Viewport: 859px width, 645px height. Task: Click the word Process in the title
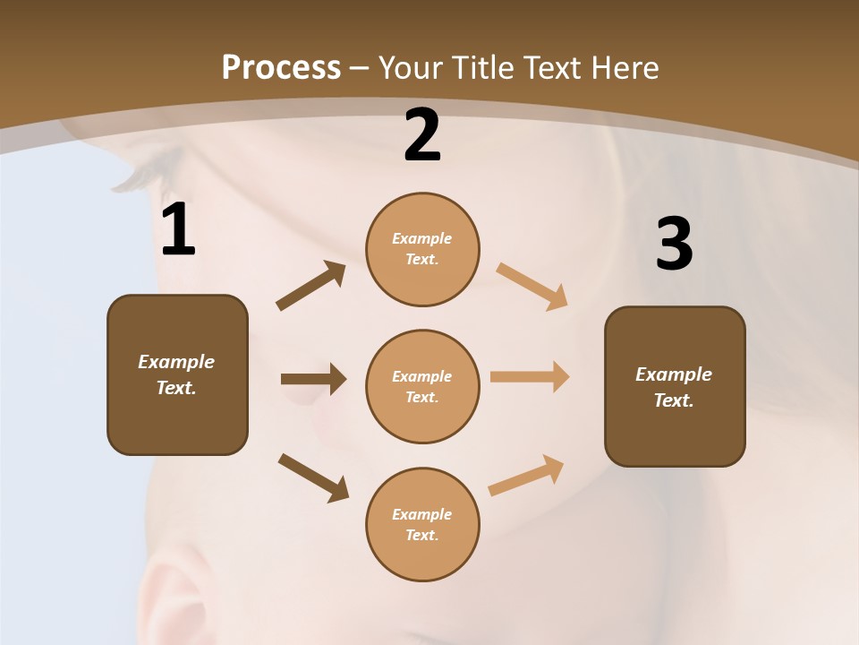281,67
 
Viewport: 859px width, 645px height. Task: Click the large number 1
178,230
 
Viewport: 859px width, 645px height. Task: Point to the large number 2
422,136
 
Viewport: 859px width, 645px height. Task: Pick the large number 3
674,244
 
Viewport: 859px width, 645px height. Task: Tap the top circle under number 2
422,249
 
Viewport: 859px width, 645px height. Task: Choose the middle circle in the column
422,387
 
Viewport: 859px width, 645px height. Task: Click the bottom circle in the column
422,525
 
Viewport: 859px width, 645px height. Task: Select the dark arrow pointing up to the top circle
311,286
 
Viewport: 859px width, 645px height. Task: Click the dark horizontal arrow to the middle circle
313,379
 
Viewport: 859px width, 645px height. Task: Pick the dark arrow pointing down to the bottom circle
313,477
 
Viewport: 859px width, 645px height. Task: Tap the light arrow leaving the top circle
532,287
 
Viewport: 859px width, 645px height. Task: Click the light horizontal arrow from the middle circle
530,377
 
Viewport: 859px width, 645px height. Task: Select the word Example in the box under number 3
674,374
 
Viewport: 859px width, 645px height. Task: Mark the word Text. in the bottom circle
422,536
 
